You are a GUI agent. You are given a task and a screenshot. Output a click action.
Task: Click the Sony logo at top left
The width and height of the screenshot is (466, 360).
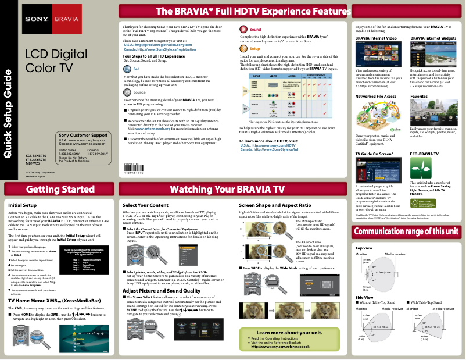[33, 19]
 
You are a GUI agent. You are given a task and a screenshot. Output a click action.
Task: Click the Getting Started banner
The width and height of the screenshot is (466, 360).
[57, 190]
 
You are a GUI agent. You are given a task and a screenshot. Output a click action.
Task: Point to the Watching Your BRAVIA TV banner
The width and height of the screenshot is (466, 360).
[231, 190]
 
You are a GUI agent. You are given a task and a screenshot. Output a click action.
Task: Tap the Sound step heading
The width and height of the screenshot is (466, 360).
[255, 29]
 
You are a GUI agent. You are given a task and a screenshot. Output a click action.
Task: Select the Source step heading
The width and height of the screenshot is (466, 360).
[139, 92]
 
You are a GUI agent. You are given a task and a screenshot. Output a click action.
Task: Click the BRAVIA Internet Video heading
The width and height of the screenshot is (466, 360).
[376, 38]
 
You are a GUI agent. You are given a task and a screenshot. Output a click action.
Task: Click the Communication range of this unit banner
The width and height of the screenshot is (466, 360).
[409, 231]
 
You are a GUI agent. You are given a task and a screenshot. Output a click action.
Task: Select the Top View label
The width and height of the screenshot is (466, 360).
[363, 248]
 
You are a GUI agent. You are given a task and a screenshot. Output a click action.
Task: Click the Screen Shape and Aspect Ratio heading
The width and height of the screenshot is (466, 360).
[274, 205]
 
